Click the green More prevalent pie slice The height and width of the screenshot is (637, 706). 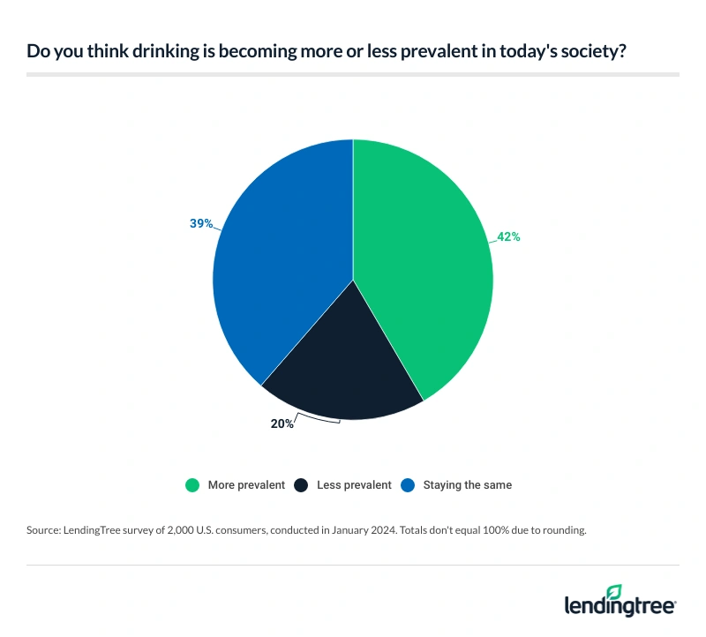424,265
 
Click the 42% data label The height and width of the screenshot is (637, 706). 507,236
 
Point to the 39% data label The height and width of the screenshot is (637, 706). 200,223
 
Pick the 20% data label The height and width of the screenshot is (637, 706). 282,423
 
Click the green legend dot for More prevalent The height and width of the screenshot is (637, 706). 192,484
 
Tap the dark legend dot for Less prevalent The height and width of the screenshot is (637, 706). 300,484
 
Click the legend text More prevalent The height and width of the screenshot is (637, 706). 246,484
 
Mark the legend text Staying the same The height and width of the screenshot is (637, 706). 467,484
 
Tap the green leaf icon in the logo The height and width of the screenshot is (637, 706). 614,591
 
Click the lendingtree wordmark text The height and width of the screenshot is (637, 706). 620,606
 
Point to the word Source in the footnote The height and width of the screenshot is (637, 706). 43,532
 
